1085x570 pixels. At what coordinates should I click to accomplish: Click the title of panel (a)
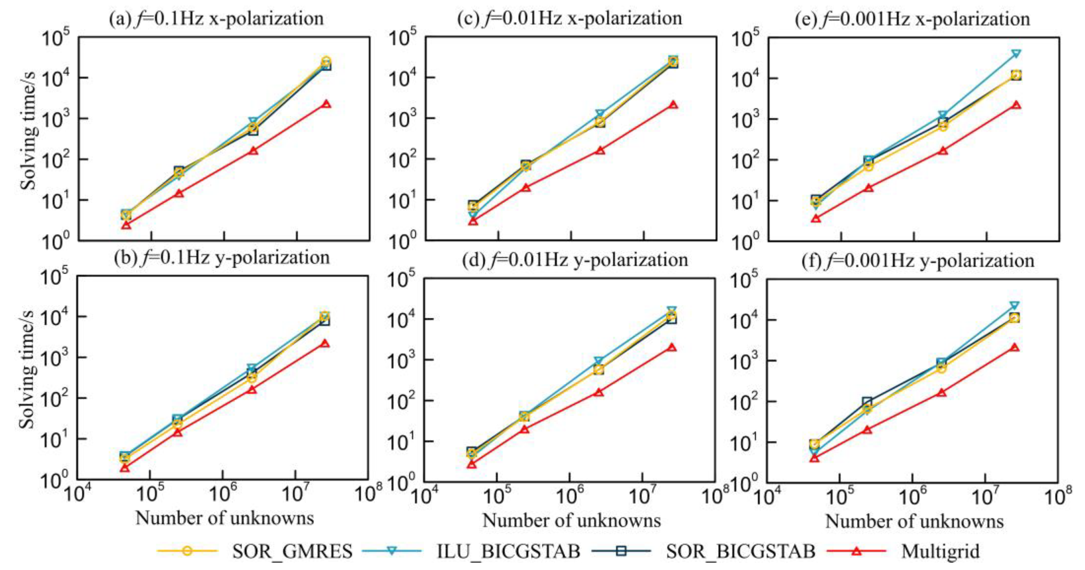216,18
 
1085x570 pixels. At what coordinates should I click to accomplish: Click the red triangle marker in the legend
856,551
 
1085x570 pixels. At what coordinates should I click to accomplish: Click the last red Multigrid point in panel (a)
326,104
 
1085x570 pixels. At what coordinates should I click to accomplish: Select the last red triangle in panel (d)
672,347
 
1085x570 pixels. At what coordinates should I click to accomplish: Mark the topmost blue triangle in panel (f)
1013,305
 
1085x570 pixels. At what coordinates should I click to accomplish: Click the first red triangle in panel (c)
473,220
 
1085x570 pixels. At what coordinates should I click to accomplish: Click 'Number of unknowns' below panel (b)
224,518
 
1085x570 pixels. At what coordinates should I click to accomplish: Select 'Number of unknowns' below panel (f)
914,521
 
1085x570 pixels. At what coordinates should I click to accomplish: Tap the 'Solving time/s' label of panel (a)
29,139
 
